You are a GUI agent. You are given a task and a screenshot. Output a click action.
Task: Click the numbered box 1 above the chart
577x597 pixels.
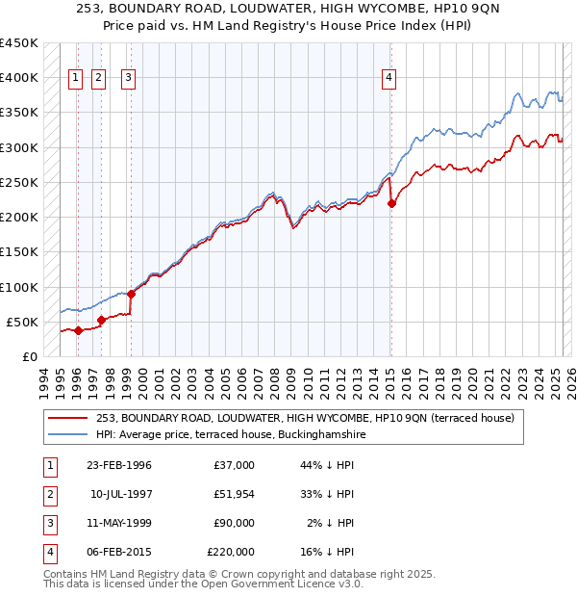(75, 79)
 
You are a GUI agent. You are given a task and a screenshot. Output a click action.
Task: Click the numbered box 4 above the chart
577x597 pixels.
(389, 79)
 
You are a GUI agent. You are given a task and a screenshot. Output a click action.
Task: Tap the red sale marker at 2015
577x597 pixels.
(391, 203)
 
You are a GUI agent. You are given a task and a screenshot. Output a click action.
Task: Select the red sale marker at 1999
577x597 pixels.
(131, 294)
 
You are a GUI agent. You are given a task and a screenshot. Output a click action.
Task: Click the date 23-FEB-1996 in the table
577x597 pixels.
(119, 465)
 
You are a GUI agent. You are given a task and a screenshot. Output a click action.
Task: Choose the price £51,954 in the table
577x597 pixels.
(231, 494)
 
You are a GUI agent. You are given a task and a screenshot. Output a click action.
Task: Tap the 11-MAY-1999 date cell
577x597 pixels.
(119, 523)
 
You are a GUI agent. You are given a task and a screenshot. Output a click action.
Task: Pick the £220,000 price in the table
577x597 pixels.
(231, 552)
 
